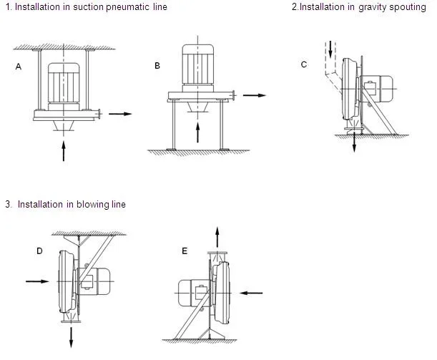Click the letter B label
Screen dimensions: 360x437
point(157,66)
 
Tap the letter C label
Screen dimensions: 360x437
point(304,65)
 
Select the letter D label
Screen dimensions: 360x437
point(39,250)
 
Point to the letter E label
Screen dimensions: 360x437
point(185,250)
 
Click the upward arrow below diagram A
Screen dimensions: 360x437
point(64,150)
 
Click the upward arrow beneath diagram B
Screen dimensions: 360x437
point(197,132)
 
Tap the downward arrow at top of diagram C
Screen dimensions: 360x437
point(330,50)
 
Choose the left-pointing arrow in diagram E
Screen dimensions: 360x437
point(250,292)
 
